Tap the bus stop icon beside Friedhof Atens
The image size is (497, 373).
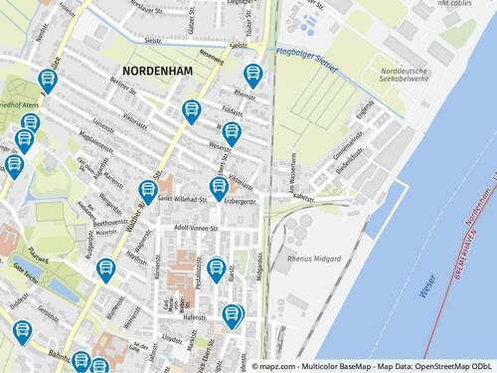pyautogui.click(x=47, y=81)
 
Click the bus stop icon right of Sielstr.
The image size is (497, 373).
pyautogui.click(x=252, y=74)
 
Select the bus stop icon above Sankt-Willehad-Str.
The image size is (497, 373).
pyautogui.click(x=148, y=189)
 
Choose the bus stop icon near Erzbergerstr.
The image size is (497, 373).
pyautogui.click(x=219, y=187)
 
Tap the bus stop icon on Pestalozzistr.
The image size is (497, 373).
pyautogui.click(x=216, y=267)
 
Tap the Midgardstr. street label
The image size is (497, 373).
pyautogui.click(x=260, y=268)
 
